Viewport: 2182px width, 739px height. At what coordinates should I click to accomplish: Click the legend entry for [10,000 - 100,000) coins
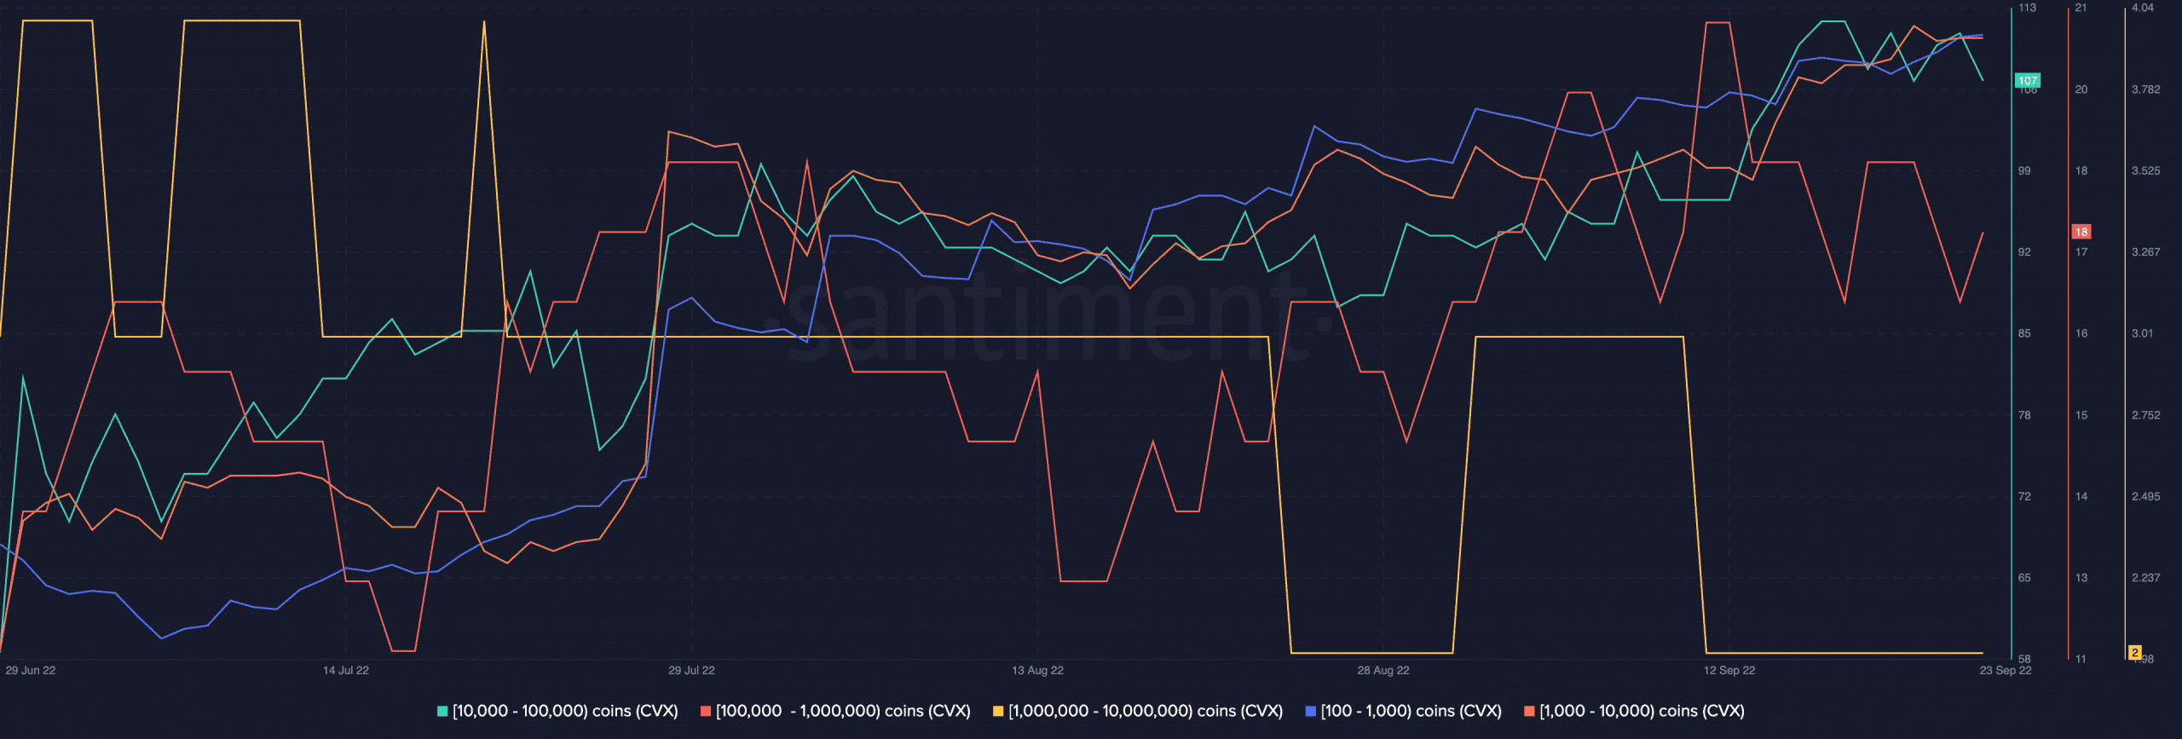click(x=557, y=711)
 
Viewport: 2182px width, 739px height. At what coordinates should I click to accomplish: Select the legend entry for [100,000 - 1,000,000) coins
click(x=835, y=711)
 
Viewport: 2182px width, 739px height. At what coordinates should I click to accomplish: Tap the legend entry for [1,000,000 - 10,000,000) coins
click(x=1137, y=711)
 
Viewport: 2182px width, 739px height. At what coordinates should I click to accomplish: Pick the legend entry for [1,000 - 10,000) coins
click(x=1634, y=711)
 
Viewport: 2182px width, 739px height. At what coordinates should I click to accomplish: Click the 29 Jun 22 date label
click(x=31, y=671)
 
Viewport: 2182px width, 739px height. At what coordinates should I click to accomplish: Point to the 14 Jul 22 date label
click(x=346, y=671)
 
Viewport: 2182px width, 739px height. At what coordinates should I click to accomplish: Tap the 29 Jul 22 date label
click(x=691, y=671)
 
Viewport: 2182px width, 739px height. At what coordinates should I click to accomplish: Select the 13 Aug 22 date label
click(x=1037, y=671)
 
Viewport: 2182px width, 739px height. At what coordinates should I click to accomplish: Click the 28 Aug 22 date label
click(x=1383, y=671)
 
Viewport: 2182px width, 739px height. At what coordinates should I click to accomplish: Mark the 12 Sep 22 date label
click(x=1729, y=671)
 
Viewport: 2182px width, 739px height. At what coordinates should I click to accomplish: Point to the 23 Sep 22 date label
click(x=2006, y=671)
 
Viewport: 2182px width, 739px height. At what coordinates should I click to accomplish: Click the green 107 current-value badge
click(x=2028, y=81)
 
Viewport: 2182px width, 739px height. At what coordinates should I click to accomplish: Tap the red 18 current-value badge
click(x=2081, y=232)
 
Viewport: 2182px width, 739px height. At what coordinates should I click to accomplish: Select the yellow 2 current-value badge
click(x=2135, y=653)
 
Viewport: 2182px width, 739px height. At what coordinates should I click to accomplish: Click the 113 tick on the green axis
click(x=2027, y=8)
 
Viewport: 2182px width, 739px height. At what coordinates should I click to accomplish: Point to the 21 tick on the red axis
click(x=2081, y=8)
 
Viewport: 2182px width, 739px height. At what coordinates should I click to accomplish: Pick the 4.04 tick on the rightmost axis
click(x=2143, y=8)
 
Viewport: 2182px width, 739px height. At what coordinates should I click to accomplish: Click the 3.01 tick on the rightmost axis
click(x=2143, y=333)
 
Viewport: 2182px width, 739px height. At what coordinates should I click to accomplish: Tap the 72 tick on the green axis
click(x=2024, y=496)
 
